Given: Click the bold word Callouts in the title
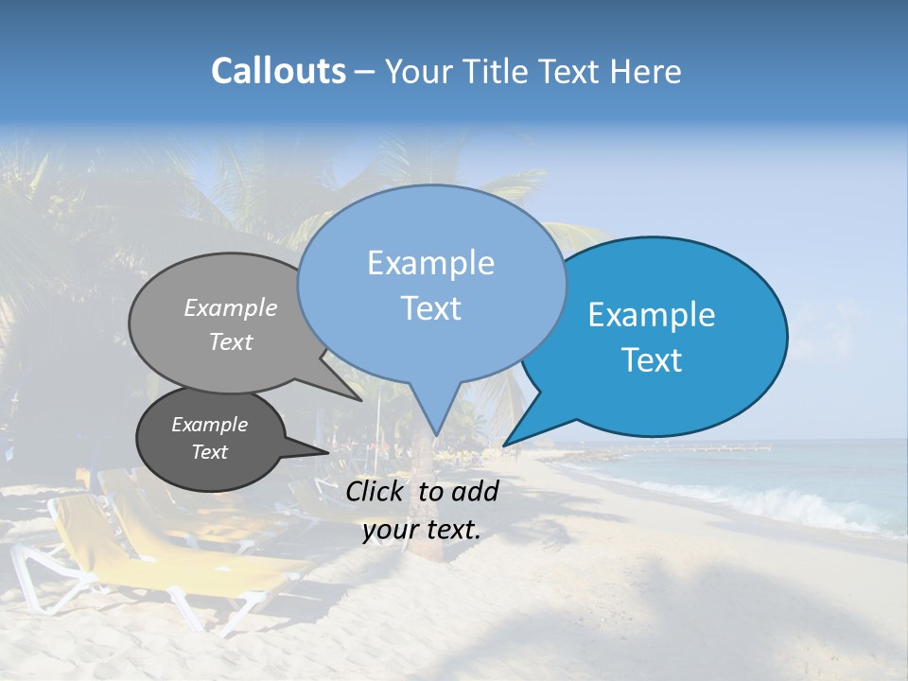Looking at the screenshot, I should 278,71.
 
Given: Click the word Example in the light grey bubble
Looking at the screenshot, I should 231,307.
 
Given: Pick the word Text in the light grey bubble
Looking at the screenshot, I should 231,341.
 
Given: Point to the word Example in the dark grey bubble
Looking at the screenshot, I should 209,425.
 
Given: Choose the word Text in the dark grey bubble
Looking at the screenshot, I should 210,452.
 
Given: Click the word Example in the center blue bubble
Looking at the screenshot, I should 430,263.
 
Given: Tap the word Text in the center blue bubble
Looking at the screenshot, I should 430,308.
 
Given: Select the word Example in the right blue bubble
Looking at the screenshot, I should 652,315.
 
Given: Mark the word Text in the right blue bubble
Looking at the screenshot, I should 652,360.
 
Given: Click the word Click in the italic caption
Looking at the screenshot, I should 377,491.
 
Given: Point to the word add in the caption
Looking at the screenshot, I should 474,491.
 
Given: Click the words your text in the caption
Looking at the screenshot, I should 422,530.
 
